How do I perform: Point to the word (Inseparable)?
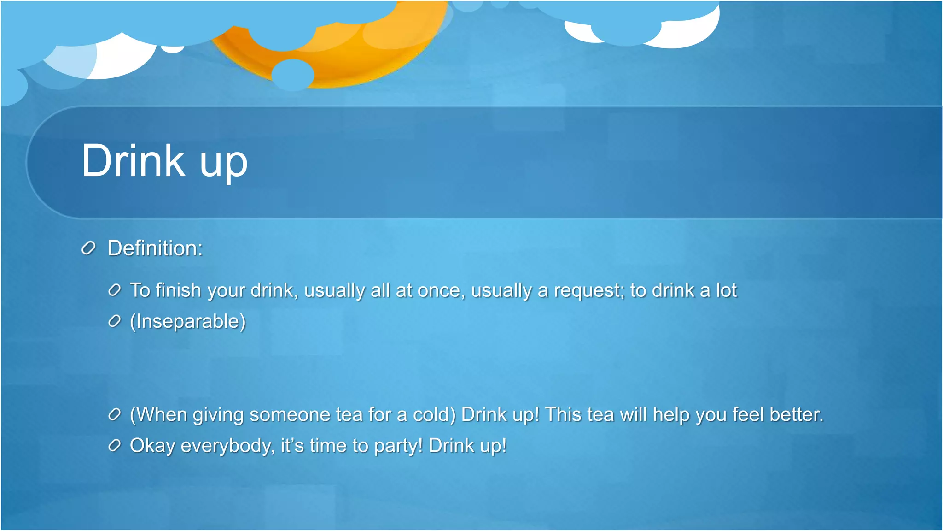point(188,321)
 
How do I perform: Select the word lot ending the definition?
point(726,290)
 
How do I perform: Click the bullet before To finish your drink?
point(114,290)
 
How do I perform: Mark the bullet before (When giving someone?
point(114,414)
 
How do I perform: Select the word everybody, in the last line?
point(227,446)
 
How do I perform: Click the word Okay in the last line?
point(152,446)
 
